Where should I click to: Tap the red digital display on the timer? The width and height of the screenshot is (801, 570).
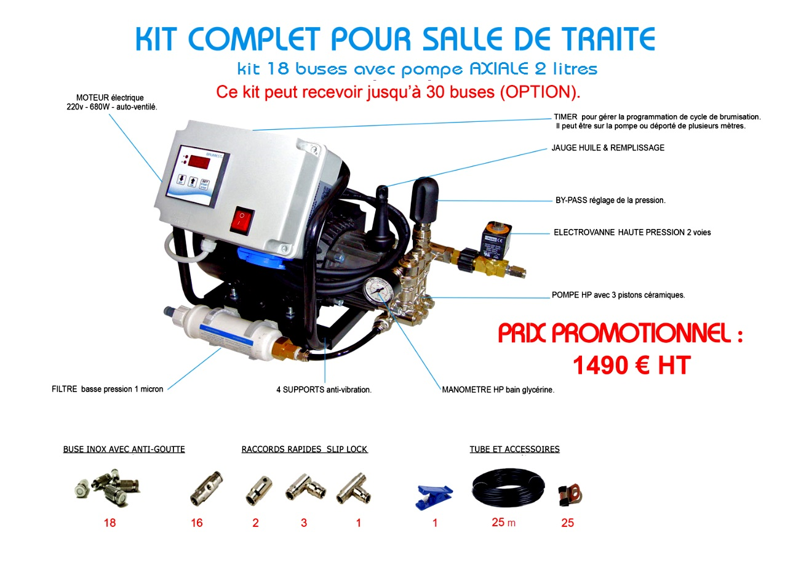[x=199, y=162]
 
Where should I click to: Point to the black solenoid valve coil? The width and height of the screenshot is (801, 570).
[x=496, y=239]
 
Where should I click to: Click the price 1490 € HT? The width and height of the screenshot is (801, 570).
[x=631, y=366]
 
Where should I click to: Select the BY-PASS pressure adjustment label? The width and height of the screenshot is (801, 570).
[x=610, y=201]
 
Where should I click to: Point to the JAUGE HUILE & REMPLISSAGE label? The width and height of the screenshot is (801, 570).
[x=608, y=148]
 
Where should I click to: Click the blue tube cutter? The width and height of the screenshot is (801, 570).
[x=434, y=496]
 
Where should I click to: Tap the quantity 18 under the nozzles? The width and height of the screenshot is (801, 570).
[x=110, y=523]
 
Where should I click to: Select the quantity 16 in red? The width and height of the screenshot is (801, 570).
[x=197, y=523]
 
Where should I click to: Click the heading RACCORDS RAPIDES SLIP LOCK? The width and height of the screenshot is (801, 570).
[x=305, y=449]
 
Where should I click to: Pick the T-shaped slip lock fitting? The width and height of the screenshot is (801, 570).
[x=353, y=489]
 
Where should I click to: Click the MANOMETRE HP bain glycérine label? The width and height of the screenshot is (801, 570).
[x=498, y=390]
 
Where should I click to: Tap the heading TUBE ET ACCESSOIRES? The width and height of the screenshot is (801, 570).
[x=514, y=449]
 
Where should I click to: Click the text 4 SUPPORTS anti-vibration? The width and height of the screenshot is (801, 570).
[x=324, y=390]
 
